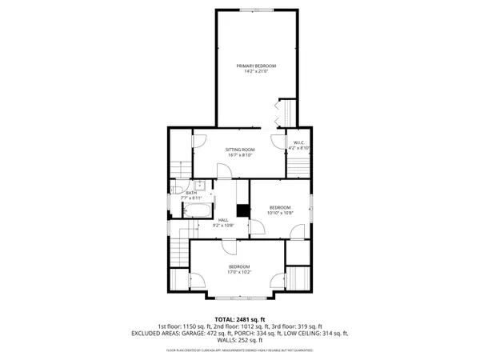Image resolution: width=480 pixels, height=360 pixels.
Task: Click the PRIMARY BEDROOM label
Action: point(256,66)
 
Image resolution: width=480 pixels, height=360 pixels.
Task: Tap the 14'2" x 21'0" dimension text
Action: point(256,72)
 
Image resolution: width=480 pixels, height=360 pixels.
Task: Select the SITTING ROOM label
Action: point(238,149)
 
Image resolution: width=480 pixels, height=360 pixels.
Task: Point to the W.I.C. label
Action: point(300,142)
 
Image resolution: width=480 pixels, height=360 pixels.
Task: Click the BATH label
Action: point(191,193)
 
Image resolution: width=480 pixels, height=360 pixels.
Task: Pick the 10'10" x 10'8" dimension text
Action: point(281,213)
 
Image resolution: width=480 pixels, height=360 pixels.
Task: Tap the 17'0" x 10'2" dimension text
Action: point(239,272)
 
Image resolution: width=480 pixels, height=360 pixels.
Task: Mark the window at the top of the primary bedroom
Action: point(256,10)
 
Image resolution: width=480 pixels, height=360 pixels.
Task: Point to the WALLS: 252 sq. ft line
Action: point(239,340)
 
